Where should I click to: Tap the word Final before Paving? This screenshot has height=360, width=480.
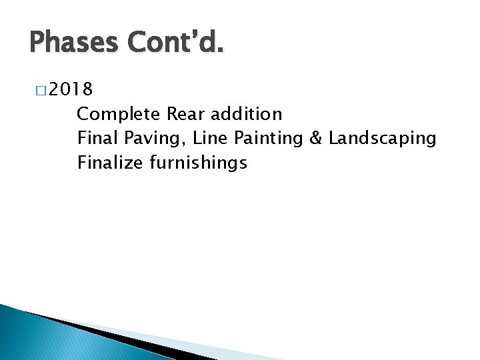(x=95, y=138)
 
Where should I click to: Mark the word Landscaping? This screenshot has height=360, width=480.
(x=383, y=138)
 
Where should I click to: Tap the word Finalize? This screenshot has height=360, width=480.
(x=109, y=162)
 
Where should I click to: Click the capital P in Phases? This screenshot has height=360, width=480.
(x=38, y=45)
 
